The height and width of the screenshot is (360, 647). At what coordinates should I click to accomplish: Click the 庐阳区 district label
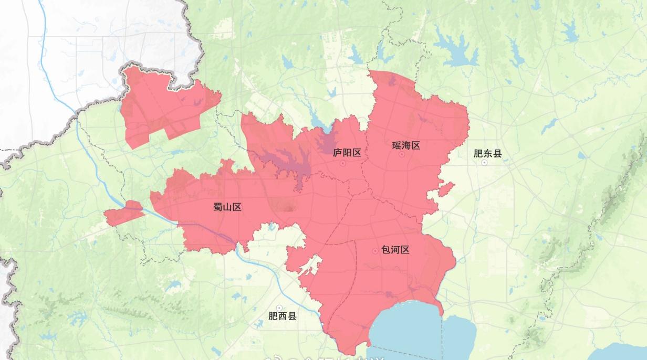[347, 153]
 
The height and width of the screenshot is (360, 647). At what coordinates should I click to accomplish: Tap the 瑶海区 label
[406, 145]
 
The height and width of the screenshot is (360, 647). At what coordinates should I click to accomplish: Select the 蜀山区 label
[227, 207]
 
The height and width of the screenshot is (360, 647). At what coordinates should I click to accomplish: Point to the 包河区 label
[395, 250]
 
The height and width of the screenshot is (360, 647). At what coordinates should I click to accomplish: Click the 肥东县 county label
[487, 153]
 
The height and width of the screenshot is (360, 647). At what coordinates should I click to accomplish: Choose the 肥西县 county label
[283, 316]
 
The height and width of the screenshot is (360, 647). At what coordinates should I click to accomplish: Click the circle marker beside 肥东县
[484, 163]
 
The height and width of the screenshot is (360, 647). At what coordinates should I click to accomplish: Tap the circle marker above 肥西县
[279, 308]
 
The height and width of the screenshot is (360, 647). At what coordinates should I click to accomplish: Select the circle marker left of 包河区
[375, 251]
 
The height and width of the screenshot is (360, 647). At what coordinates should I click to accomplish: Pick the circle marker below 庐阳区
[343, 163]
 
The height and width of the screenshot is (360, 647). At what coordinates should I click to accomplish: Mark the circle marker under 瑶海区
[402, 154]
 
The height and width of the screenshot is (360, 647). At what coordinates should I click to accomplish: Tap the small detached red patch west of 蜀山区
[123, 213]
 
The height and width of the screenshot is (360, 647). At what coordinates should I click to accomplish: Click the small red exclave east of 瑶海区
[445, 188]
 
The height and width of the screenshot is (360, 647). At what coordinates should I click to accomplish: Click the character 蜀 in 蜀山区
[218, 207]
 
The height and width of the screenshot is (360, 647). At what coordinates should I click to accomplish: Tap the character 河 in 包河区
[395, 250]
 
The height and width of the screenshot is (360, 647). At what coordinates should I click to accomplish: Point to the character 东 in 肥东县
[487, 153]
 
